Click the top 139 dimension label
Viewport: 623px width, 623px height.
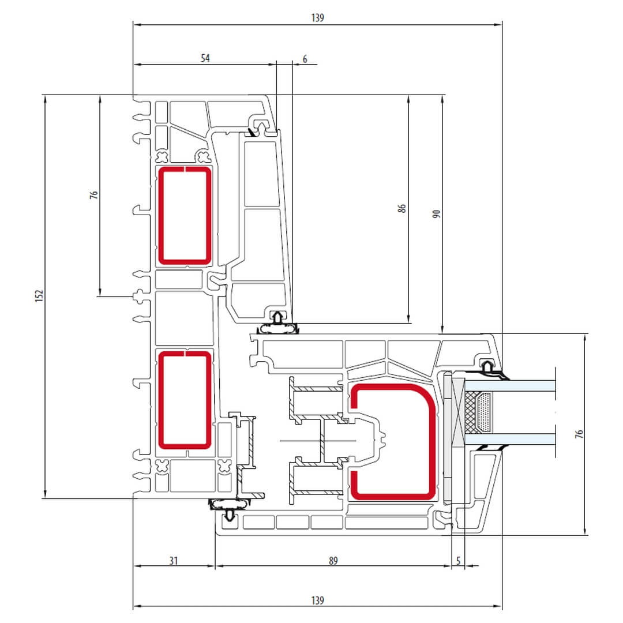pyautogui.click(x=317, y=17)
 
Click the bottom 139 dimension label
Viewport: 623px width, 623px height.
pyautogui.click(x=317, y=600)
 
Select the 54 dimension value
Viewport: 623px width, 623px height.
pyautogui.click(x=205, y=58)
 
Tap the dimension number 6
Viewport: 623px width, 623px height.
pyautogui.click(x=305, y=59)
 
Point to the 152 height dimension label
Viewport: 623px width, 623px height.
pyautogui.click(x=39, y=295)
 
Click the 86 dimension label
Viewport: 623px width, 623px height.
pyautogui.click(x=401, y=208)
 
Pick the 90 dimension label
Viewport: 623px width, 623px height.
pyautogui.click(x=436, y=214)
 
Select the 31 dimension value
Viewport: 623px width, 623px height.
pyautogui.click(x=173, y=561)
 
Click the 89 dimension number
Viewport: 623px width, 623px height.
pyautogui.click(x=333, y=561)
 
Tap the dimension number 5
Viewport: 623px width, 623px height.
pyautogui.click(x=458, y=561)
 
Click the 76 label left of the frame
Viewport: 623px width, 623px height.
pyautogui.click(x=94, y=195)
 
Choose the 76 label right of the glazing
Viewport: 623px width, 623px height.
pyautogui.click(x=579, y=434)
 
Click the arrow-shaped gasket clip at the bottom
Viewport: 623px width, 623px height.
pyautogui.click(x=230, y=515)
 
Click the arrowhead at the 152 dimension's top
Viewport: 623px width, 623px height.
pyautogui.click(x=46, y=99)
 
